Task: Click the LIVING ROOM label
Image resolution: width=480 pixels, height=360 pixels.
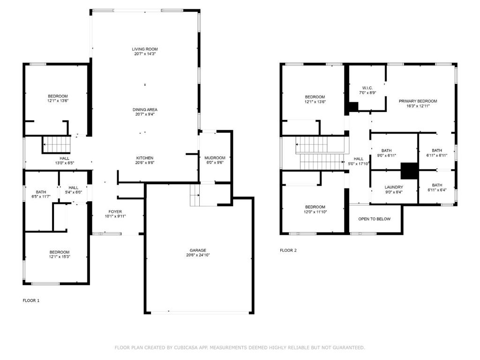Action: coord(144,49)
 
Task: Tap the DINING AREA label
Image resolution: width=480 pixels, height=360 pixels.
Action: coord(144,109)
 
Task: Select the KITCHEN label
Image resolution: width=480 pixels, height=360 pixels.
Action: coord(144,158)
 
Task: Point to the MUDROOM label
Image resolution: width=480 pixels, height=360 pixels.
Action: coord(215,158)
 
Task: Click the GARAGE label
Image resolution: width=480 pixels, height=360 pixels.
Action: coord(198,250)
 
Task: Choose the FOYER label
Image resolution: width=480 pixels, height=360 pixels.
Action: coord(115,211)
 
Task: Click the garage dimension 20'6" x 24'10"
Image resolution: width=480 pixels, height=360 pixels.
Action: coord(198,255)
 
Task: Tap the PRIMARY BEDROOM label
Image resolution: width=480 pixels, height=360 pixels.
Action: coord(418,101)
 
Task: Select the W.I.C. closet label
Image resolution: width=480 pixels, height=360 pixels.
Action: coord(367,88)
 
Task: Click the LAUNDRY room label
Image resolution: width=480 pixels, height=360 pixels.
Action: coord(394,187)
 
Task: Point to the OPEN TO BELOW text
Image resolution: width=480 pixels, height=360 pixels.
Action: coord(374,219)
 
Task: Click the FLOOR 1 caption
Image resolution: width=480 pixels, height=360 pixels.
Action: coord(31,300)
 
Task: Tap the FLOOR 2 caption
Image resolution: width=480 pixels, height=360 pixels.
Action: coord(288,250)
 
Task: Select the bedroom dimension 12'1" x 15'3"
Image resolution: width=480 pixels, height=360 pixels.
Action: coord(60,257)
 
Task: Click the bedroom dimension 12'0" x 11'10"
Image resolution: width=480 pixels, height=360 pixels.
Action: coord(315,212)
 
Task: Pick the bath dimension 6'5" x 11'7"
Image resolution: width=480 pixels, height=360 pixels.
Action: coord(41,197)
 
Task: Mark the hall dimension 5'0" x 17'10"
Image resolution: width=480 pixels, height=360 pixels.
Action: coord(359,164)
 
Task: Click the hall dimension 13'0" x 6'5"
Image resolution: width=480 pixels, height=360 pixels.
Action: coord(64,163)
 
